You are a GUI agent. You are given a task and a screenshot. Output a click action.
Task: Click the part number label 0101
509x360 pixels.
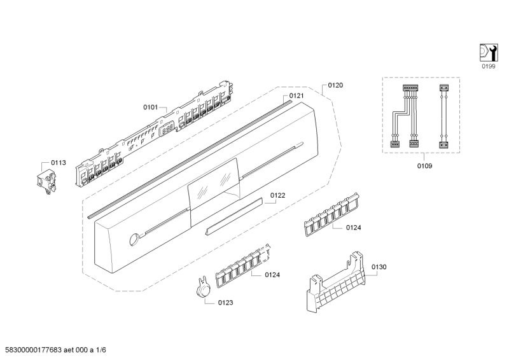tap(150, 107)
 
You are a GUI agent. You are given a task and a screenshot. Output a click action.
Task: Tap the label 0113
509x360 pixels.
tap(59, 163)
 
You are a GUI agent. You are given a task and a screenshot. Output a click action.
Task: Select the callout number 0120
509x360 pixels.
tap(335, 85)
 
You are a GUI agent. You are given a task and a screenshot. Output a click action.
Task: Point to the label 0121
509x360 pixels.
tap(296, 96)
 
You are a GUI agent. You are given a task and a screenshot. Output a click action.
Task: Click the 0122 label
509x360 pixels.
tap(277, 195)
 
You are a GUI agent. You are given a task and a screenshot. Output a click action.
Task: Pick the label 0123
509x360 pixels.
tap(225, 303)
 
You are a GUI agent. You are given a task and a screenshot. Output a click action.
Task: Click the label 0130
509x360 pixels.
tap(379, 267)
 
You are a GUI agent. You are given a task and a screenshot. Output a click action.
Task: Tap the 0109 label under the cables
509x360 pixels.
tap(424, 166)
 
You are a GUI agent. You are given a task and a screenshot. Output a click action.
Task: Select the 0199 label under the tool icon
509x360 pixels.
tap(487, 66)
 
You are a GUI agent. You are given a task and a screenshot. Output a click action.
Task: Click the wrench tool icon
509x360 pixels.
tap(487, 52)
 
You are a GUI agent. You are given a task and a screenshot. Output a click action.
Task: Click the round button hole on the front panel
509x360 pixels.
tap(134, 239)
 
